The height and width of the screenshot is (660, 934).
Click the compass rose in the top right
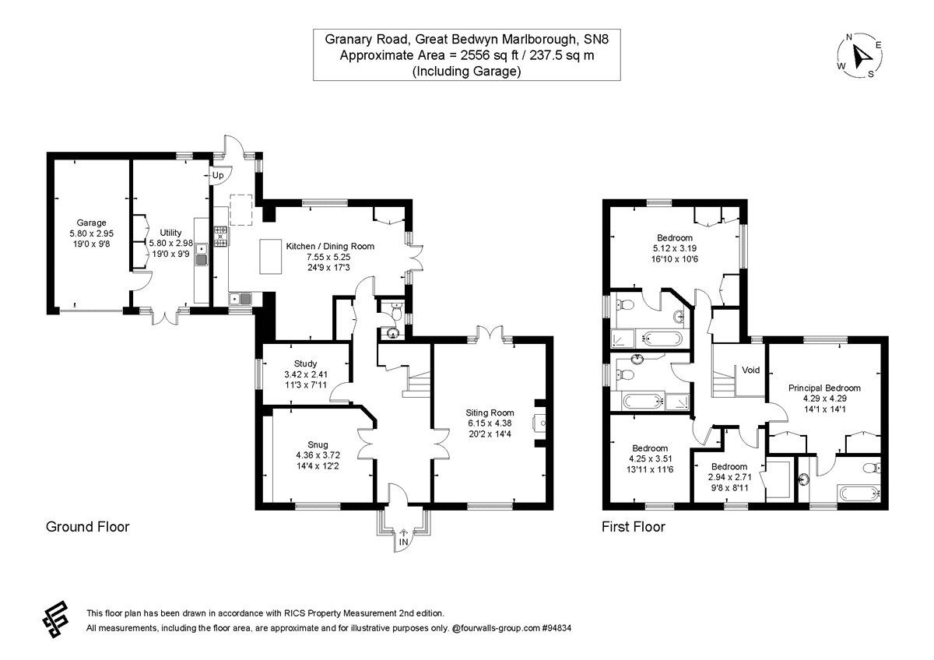coord(860,56)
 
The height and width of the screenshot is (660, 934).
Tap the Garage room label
coord(91,223)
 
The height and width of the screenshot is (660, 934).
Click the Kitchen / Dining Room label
coord(330,246)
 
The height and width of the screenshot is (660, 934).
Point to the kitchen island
coord(269,255)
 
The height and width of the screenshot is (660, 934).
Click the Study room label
coord(305,363)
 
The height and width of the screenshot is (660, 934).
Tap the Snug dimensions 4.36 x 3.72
coord(311,455)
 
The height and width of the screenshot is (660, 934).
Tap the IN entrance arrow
coord(403,537)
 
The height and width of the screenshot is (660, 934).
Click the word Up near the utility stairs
coord(218,176)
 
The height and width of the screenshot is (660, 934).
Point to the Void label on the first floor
coord(750,370)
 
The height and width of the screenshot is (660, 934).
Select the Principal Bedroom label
coord(824,388)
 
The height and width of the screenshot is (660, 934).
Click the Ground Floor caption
coord(88,527)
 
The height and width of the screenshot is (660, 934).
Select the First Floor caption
coord(634,527)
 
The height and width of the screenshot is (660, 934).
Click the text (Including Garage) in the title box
coord(466,71)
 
